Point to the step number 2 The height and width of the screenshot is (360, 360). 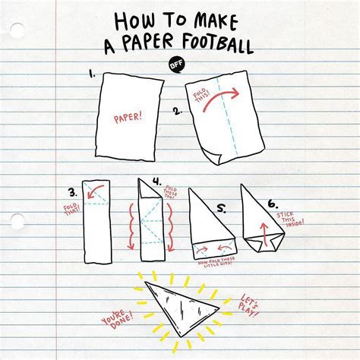[176, 112]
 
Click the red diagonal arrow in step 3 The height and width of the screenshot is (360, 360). [93, 191]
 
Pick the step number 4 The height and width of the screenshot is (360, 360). [156, 182]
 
